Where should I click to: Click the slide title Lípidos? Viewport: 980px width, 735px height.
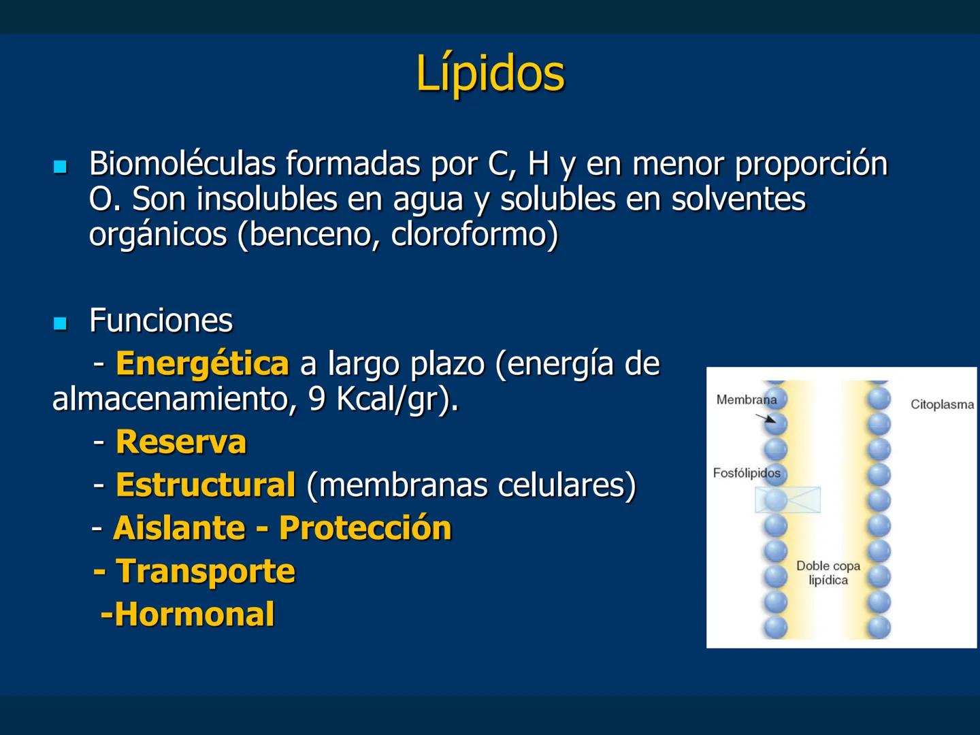(490, 73)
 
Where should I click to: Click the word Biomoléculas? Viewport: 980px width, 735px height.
(182, 164)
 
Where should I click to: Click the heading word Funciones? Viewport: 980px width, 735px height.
(161, 321)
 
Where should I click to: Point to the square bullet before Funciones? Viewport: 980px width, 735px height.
(61, 323)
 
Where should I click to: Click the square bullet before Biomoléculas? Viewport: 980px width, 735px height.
(61, 166)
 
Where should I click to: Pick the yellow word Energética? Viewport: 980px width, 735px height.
(202, 363)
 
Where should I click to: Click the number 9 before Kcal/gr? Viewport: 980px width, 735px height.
(316, 399)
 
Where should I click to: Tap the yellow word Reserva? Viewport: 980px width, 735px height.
(181, 442)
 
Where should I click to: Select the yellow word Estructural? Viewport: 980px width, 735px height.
(206, 485)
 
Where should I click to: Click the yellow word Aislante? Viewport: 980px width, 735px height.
(179, 528)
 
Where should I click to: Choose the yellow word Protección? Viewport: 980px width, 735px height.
(365, 528)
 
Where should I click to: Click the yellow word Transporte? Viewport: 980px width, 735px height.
(206, 571)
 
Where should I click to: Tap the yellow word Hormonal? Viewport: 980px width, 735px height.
(194, 614)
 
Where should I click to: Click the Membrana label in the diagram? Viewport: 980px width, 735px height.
(746, 399)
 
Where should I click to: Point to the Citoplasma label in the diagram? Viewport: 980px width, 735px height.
(942, 404)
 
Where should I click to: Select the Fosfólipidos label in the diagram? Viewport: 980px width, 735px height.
(747, 473)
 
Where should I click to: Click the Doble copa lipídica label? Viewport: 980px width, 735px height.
(828, 573)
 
